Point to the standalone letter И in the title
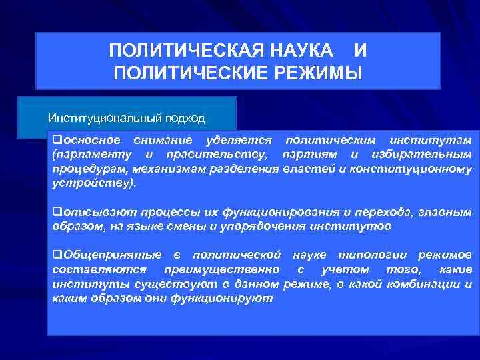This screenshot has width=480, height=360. click(360, 51)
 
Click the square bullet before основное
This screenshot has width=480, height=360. click(57, 140)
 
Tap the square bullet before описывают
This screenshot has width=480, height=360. click(57, 212)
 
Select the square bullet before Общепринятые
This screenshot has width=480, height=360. click(57, 255)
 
